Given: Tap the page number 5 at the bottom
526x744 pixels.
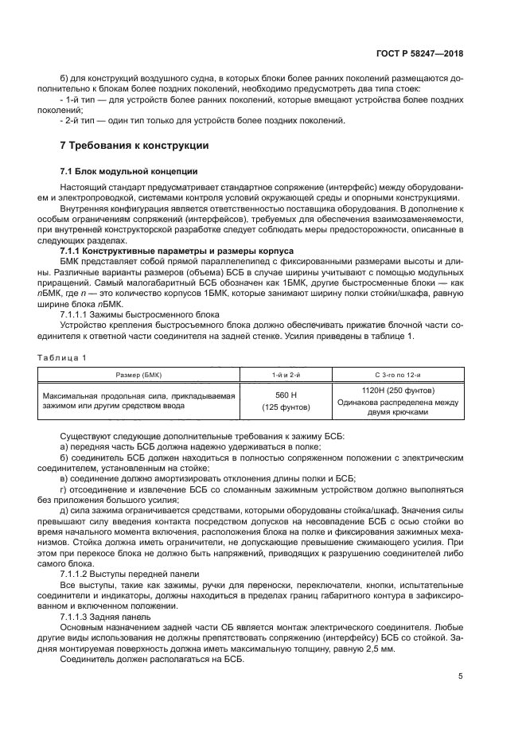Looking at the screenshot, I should click(x=461, y=677).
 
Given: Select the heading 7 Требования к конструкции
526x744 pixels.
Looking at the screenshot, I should click(x=134, y=146).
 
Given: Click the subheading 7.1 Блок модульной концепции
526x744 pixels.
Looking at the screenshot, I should click(x=119, y=172).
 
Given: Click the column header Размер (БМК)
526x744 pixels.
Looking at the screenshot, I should click(x=141, y=373).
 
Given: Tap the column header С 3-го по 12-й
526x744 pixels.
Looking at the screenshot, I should click(x=398, y=373).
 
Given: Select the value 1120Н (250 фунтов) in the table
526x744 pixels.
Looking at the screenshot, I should click(x=398, y=391).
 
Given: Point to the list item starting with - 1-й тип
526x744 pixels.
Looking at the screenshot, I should click(x=255, y=101).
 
